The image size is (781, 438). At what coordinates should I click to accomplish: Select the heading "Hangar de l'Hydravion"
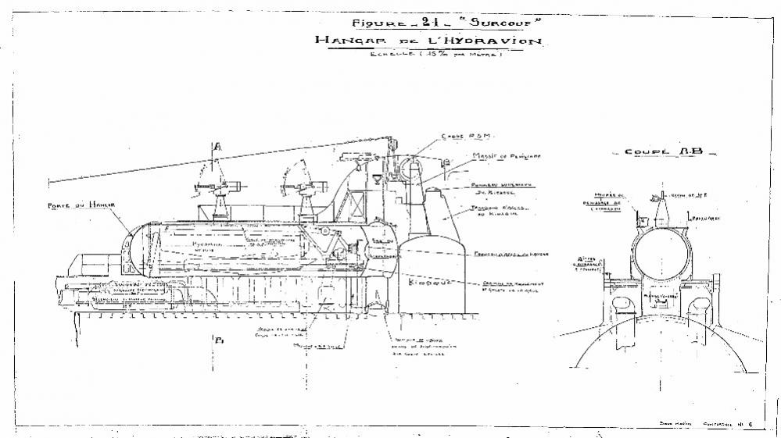tap(427, 41)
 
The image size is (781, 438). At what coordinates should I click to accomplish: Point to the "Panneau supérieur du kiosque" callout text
tap(497, 187)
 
